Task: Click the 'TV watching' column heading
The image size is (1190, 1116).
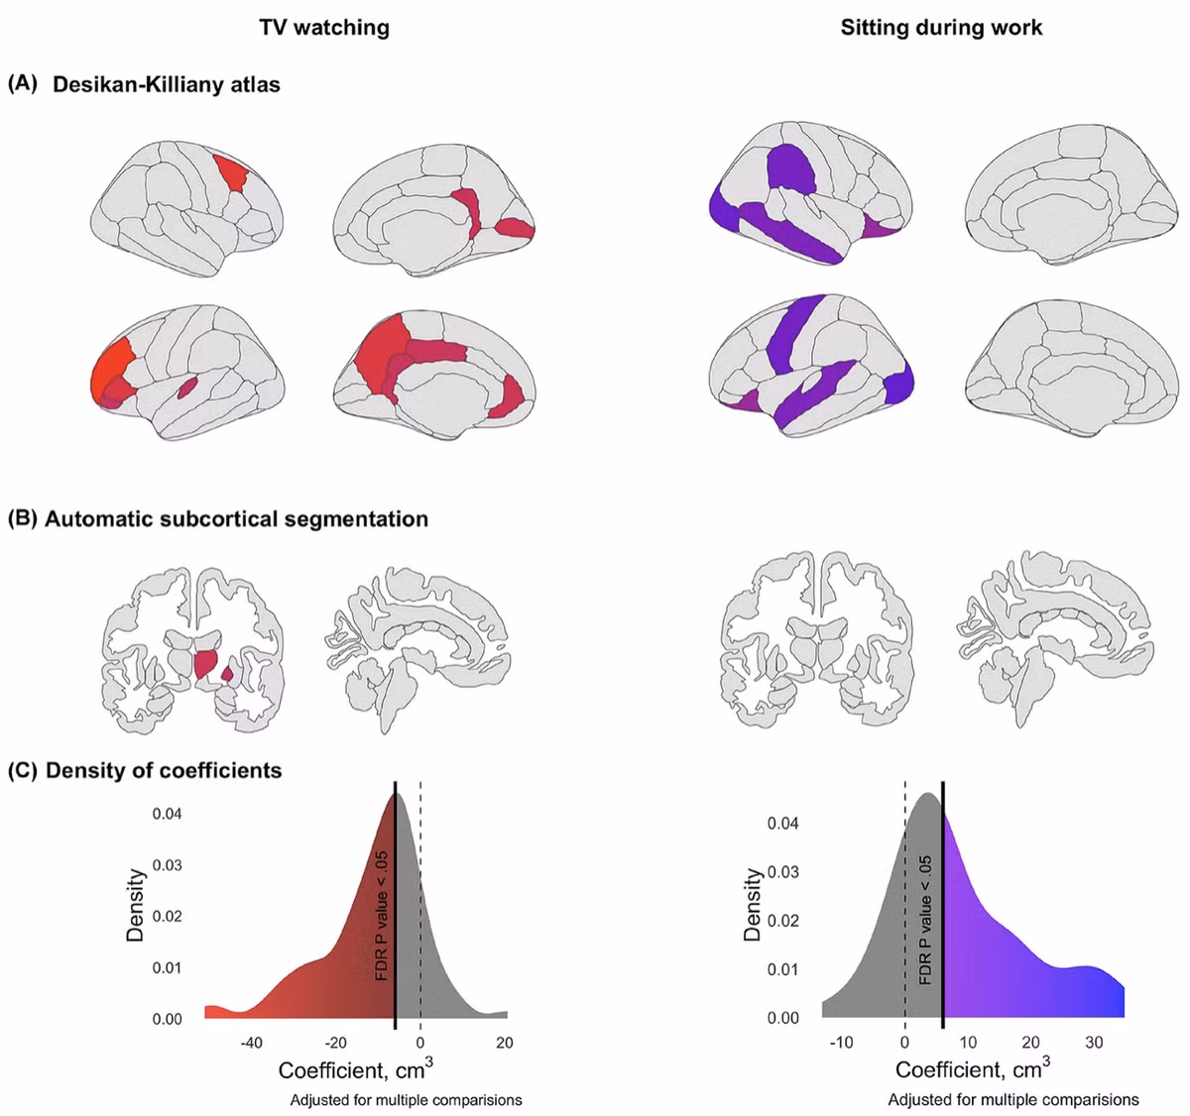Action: tap(324, 28)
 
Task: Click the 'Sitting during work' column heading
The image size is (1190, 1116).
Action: tap(941, 28)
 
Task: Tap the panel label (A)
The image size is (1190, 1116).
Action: tap(23, 84)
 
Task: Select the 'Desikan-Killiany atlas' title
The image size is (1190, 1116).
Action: tap(167, 84)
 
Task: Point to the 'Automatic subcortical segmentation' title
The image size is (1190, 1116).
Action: tap(236, 518)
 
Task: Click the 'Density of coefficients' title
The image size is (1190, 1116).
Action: tap(164, 770)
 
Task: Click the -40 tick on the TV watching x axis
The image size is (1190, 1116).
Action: tap(251, 1043)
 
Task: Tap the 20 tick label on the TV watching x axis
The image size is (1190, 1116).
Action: tap(505, 1043)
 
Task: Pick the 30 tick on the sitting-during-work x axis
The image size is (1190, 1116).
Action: tap(1094, 1043)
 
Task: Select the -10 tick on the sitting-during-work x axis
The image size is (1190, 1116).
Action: tap(841, 1043)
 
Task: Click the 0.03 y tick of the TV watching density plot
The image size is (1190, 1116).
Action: tap(167, 865)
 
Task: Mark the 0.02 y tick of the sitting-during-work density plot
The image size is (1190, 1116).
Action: tap(783, 920)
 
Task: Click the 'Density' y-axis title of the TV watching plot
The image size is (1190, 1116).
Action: tap(136, 905)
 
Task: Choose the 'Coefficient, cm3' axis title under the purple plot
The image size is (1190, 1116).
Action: tap(973, 1068)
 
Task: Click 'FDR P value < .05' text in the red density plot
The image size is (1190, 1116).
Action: tap(382, 916)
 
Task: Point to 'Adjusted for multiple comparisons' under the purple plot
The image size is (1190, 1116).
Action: tap(1013, 1100)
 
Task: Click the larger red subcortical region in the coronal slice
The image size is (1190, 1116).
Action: tap(206, 664)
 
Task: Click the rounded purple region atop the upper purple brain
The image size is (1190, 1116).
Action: tap(792, 168)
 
